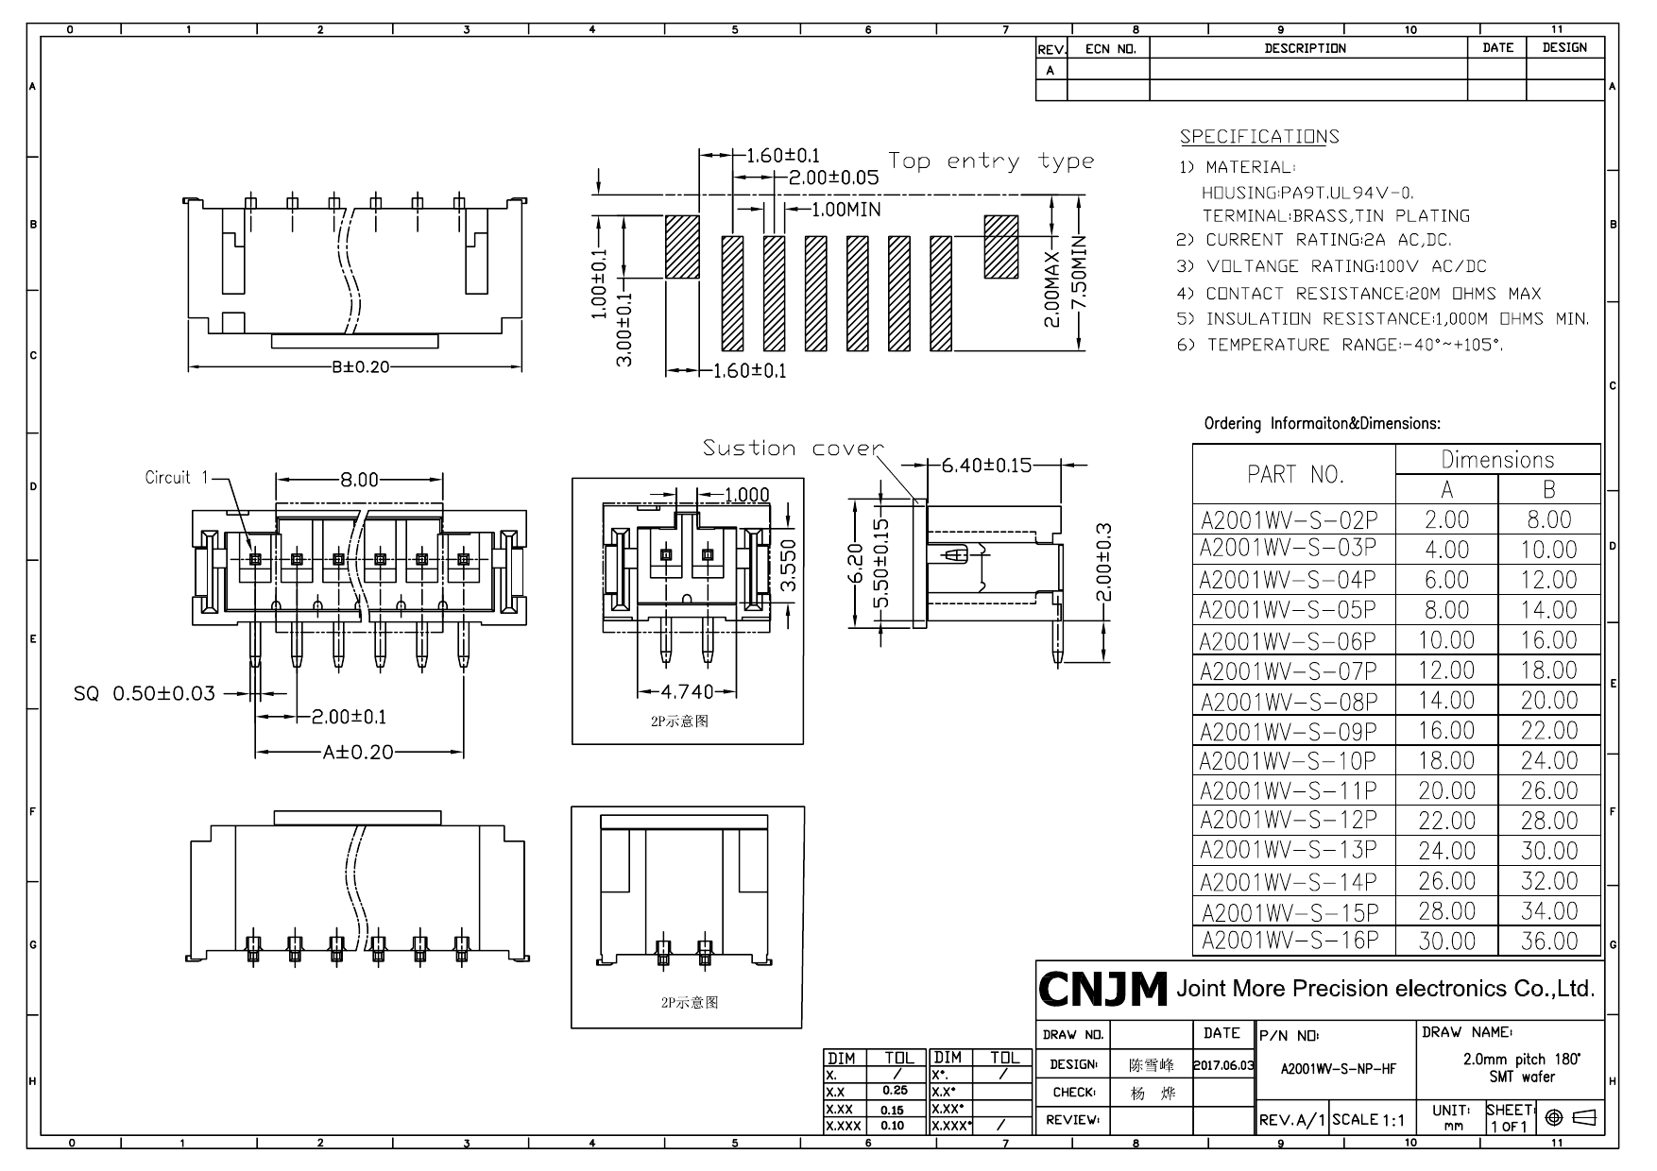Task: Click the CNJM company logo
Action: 1102,989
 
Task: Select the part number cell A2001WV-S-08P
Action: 1289,702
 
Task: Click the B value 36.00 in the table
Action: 1548,942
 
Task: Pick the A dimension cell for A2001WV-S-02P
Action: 1446,519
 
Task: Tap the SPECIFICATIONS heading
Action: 1258,137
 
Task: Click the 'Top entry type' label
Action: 990,161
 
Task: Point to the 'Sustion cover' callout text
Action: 793,448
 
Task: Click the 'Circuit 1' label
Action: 176,478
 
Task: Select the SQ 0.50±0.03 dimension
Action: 145,694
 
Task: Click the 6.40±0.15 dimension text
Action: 986,466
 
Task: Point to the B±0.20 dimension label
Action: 360,366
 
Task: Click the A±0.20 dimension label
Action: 358,753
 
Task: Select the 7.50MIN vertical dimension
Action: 1080,280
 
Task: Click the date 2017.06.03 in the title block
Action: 1222,1065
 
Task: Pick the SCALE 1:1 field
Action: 1369,1121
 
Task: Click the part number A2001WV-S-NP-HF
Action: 1337,1069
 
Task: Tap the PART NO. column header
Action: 1294,474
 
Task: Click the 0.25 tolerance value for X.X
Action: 894,1091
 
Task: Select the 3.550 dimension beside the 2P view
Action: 791,565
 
